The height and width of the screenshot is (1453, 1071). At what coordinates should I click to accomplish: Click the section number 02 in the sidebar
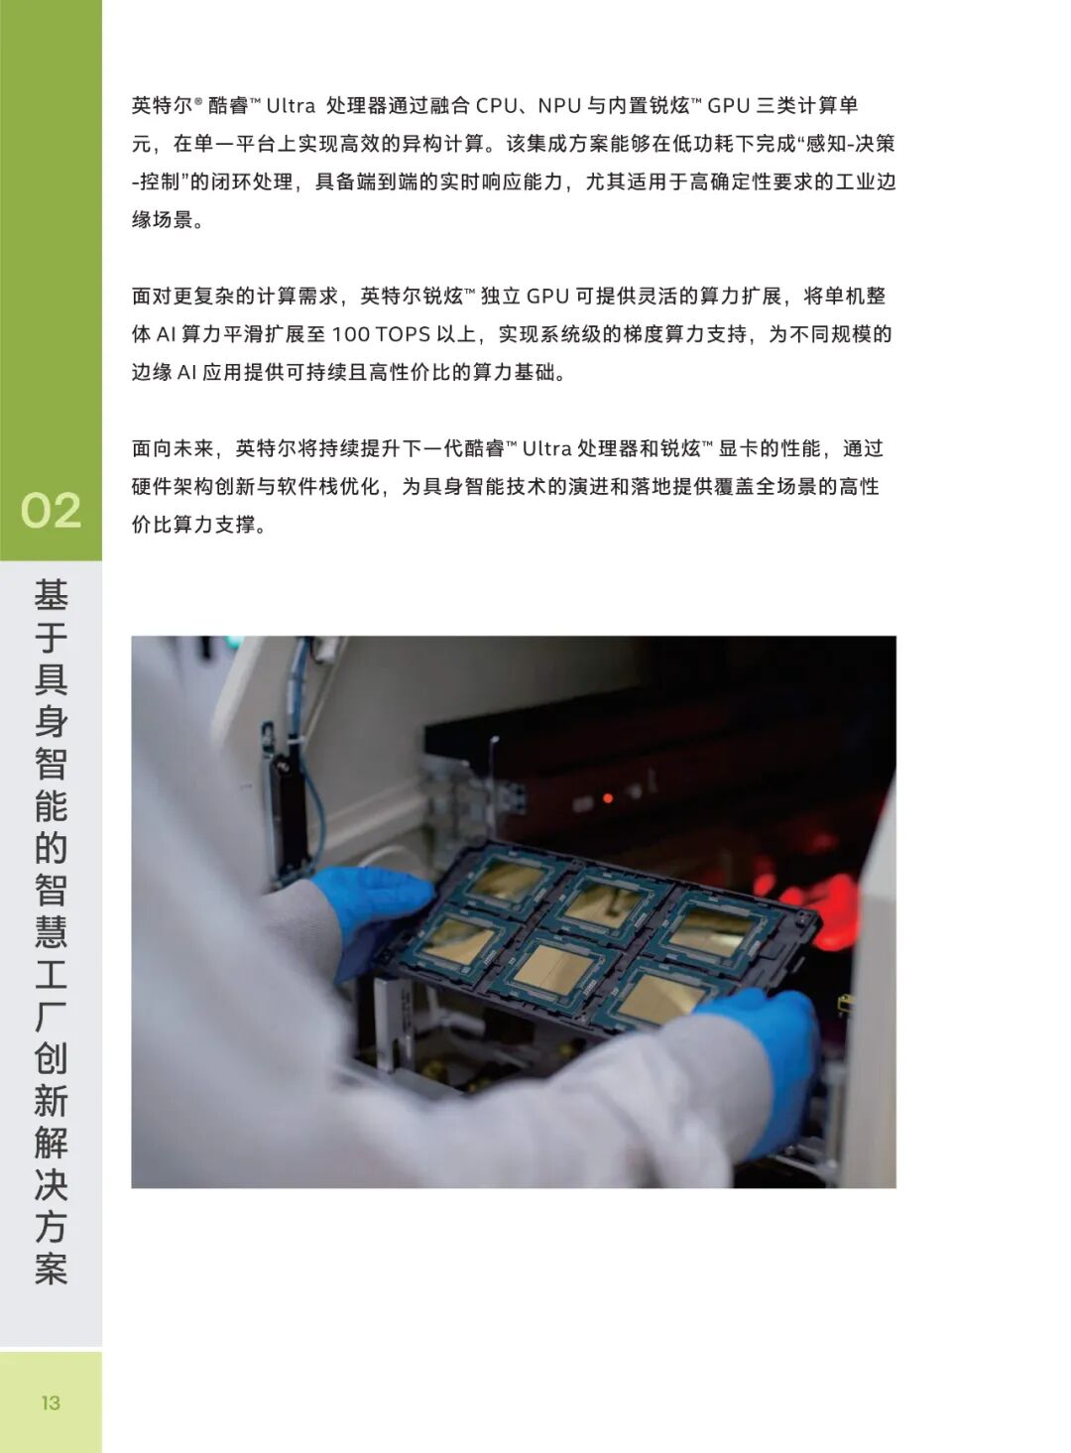click(x=51, y=510)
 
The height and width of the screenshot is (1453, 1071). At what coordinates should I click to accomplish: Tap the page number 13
click(x=51, y=1402)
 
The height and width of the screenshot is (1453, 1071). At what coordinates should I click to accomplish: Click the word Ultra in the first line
click(x=291, y=105)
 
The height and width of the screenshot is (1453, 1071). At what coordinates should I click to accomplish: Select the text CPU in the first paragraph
click(x=497, y=105)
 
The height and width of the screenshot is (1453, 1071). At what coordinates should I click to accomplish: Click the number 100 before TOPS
click(x=350, y=334)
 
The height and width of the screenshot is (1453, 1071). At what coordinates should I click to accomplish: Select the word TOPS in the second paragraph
click(x=403, y=334)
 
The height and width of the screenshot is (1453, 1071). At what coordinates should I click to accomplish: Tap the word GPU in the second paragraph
click(x=547, y=296)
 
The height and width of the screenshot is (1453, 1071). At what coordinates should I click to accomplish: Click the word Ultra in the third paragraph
click(x=546, y=448)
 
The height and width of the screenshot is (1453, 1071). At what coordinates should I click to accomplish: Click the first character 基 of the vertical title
click(x=51, y=595)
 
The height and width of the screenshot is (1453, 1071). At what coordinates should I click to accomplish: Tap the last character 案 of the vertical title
click(x=51, y=1269)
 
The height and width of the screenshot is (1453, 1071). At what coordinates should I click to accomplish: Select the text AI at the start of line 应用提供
click(x=186, y=373)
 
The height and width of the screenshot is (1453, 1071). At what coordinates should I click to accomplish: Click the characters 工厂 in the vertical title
click(x=51, y=996)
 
